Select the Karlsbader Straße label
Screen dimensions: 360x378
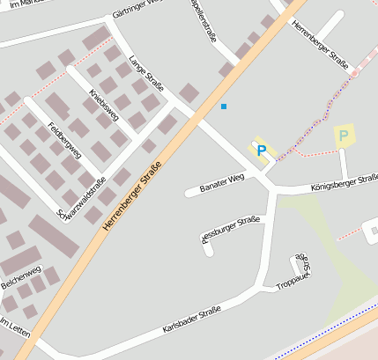191,320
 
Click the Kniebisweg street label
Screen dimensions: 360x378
104,110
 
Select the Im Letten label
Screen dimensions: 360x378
15,329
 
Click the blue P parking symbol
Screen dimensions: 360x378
261,151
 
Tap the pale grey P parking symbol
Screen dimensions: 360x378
344,136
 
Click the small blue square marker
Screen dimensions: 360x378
224,107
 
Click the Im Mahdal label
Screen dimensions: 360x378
18,5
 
